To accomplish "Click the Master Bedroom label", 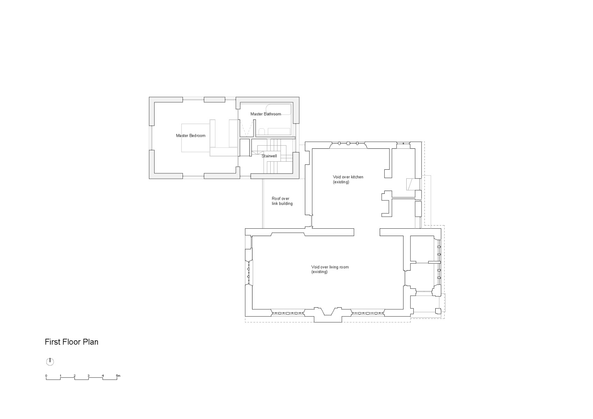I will [191, 135].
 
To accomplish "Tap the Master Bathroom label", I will [265, 114].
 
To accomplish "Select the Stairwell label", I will [269, 156].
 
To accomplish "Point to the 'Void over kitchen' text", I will [348, 177].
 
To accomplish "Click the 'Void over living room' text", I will [330, 267].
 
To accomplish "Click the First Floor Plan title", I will [71, 342].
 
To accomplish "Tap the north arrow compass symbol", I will [50, 361].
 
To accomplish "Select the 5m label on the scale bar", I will [118, 376].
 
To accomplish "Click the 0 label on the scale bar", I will [46, 376].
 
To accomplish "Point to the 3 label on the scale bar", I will [88, 376].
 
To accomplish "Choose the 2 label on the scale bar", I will [74, 376].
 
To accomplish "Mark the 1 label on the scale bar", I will [60, 376].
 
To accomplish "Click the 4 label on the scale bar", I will [103, 376].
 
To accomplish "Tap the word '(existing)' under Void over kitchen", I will [341, 182].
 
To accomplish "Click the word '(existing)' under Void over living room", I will [319, 272].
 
